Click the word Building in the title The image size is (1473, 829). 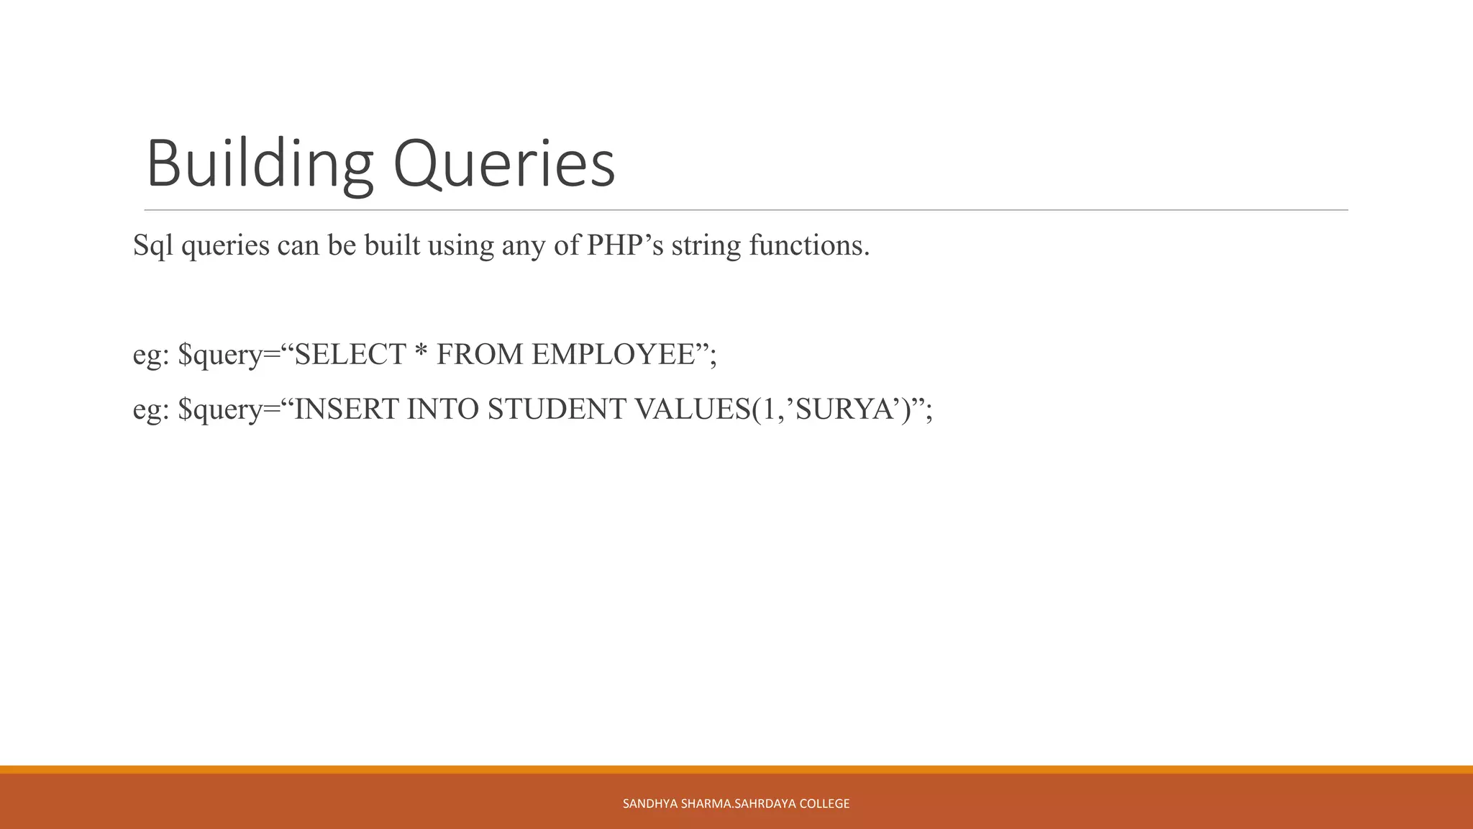[260, 165]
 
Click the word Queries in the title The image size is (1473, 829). [504, 165]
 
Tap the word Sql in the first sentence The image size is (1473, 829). [153, 246]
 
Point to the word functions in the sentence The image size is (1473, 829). [809, 245]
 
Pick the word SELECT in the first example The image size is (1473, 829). [351, 354]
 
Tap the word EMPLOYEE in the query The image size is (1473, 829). [613, 354]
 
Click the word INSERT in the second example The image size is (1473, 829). [347, 409]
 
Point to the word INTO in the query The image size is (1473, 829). [443, 409]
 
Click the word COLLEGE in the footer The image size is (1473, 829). [824, 804]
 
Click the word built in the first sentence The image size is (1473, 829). [392, 245]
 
